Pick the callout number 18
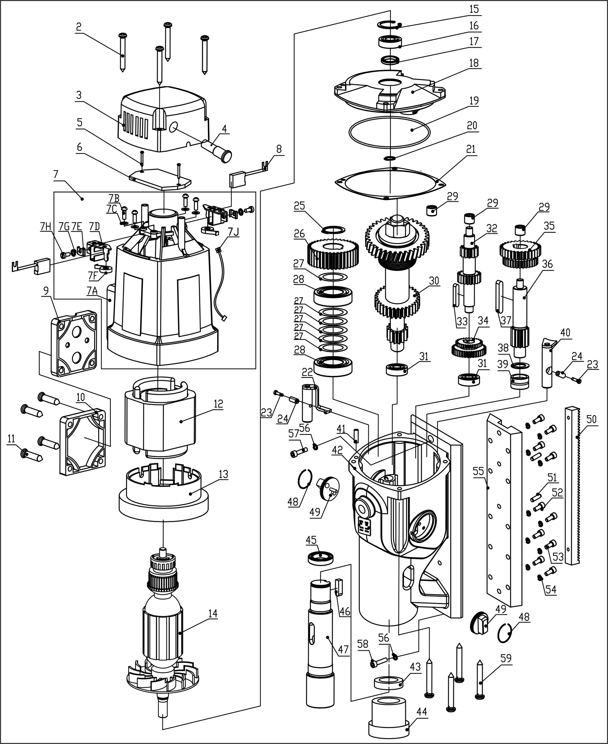point(474,63)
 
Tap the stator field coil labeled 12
point(161,421)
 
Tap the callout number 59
point(506,658)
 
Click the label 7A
point(92,291)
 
